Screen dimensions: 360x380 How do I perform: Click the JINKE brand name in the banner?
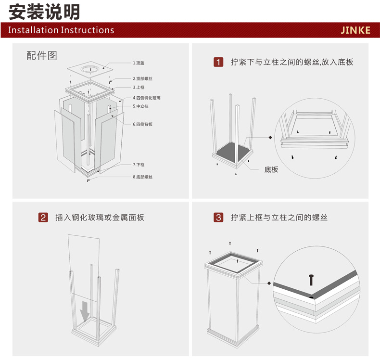[x=355, y=30]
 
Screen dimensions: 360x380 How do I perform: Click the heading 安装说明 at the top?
[x=44, y=11]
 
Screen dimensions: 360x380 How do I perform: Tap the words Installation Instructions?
[x=61, y=30]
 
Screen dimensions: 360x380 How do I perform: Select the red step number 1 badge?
[x=219, y=62]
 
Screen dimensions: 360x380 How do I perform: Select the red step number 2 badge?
[x=43, y=218]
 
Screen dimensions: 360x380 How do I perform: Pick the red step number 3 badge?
[x=219, y=218]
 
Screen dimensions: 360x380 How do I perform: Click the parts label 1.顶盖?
[x=140, y=63]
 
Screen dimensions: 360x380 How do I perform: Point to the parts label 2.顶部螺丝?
[x=143, y=78]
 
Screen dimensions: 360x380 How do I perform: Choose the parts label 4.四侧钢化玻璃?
[x=146, y=98]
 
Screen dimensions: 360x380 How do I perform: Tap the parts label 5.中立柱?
[x=141, y=106]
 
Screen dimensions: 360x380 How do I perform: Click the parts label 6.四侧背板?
[x=143, y=124]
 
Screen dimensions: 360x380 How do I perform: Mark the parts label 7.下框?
[x=139, y=165]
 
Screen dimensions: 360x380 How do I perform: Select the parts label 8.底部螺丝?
[x=143, y=177]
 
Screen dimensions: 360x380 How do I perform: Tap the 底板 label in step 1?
[x=271, y=169]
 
